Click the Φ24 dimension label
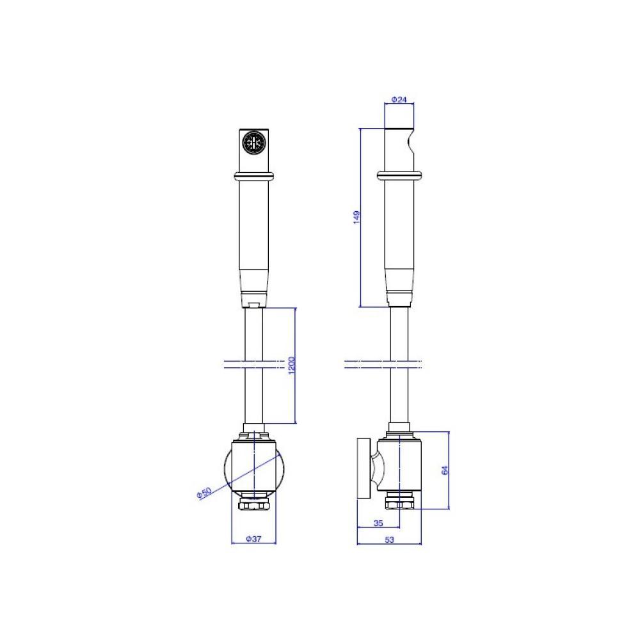(x=399, y=99)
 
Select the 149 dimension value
(x=356, y=217)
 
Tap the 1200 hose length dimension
(x=291, y=365)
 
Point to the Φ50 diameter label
(x=204, y=493)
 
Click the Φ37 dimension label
(x=253, y=539)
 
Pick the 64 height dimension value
(x=445, y=470)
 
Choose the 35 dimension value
(x=378, y=523)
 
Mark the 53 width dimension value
(x=389, y=539)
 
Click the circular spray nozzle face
(x=253, y=143)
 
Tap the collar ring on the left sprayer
(x=254, y=176)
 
